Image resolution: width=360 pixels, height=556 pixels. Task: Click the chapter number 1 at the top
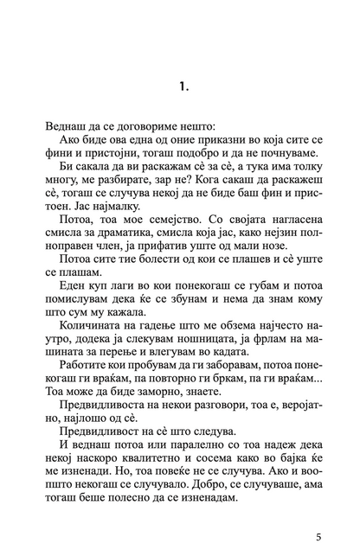pos(180,86)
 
